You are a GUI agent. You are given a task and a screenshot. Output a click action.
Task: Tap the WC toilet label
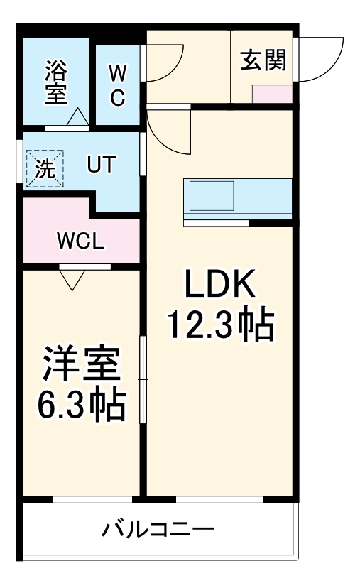tap(117, 85)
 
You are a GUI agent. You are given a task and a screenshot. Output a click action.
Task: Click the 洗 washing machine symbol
tap(45, 168)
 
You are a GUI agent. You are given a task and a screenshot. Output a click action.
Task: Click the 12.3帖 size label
tap(219, 325)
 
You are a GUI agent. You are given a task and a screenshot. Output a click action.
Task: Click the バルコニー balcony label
tap(157, 530)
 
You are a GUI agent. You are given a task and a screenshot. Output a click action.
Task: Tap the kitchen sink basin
tap(211, 195)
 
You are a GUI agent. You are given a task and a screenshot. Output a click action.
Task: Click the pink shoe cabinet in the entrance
tap(272, 93)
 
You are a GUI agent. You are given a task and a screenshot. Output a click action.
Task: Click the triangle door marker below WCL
tap(71, 280)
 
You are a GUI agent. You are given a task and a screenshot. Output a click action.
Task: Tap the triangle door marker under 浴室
tap(77, 116)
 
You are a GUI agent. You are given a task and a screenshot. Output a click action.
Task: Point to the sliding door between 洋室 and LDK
tap(143, 379)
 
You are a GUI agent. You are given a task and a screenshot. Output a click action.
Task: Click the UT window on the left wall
tap(19, 163)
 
